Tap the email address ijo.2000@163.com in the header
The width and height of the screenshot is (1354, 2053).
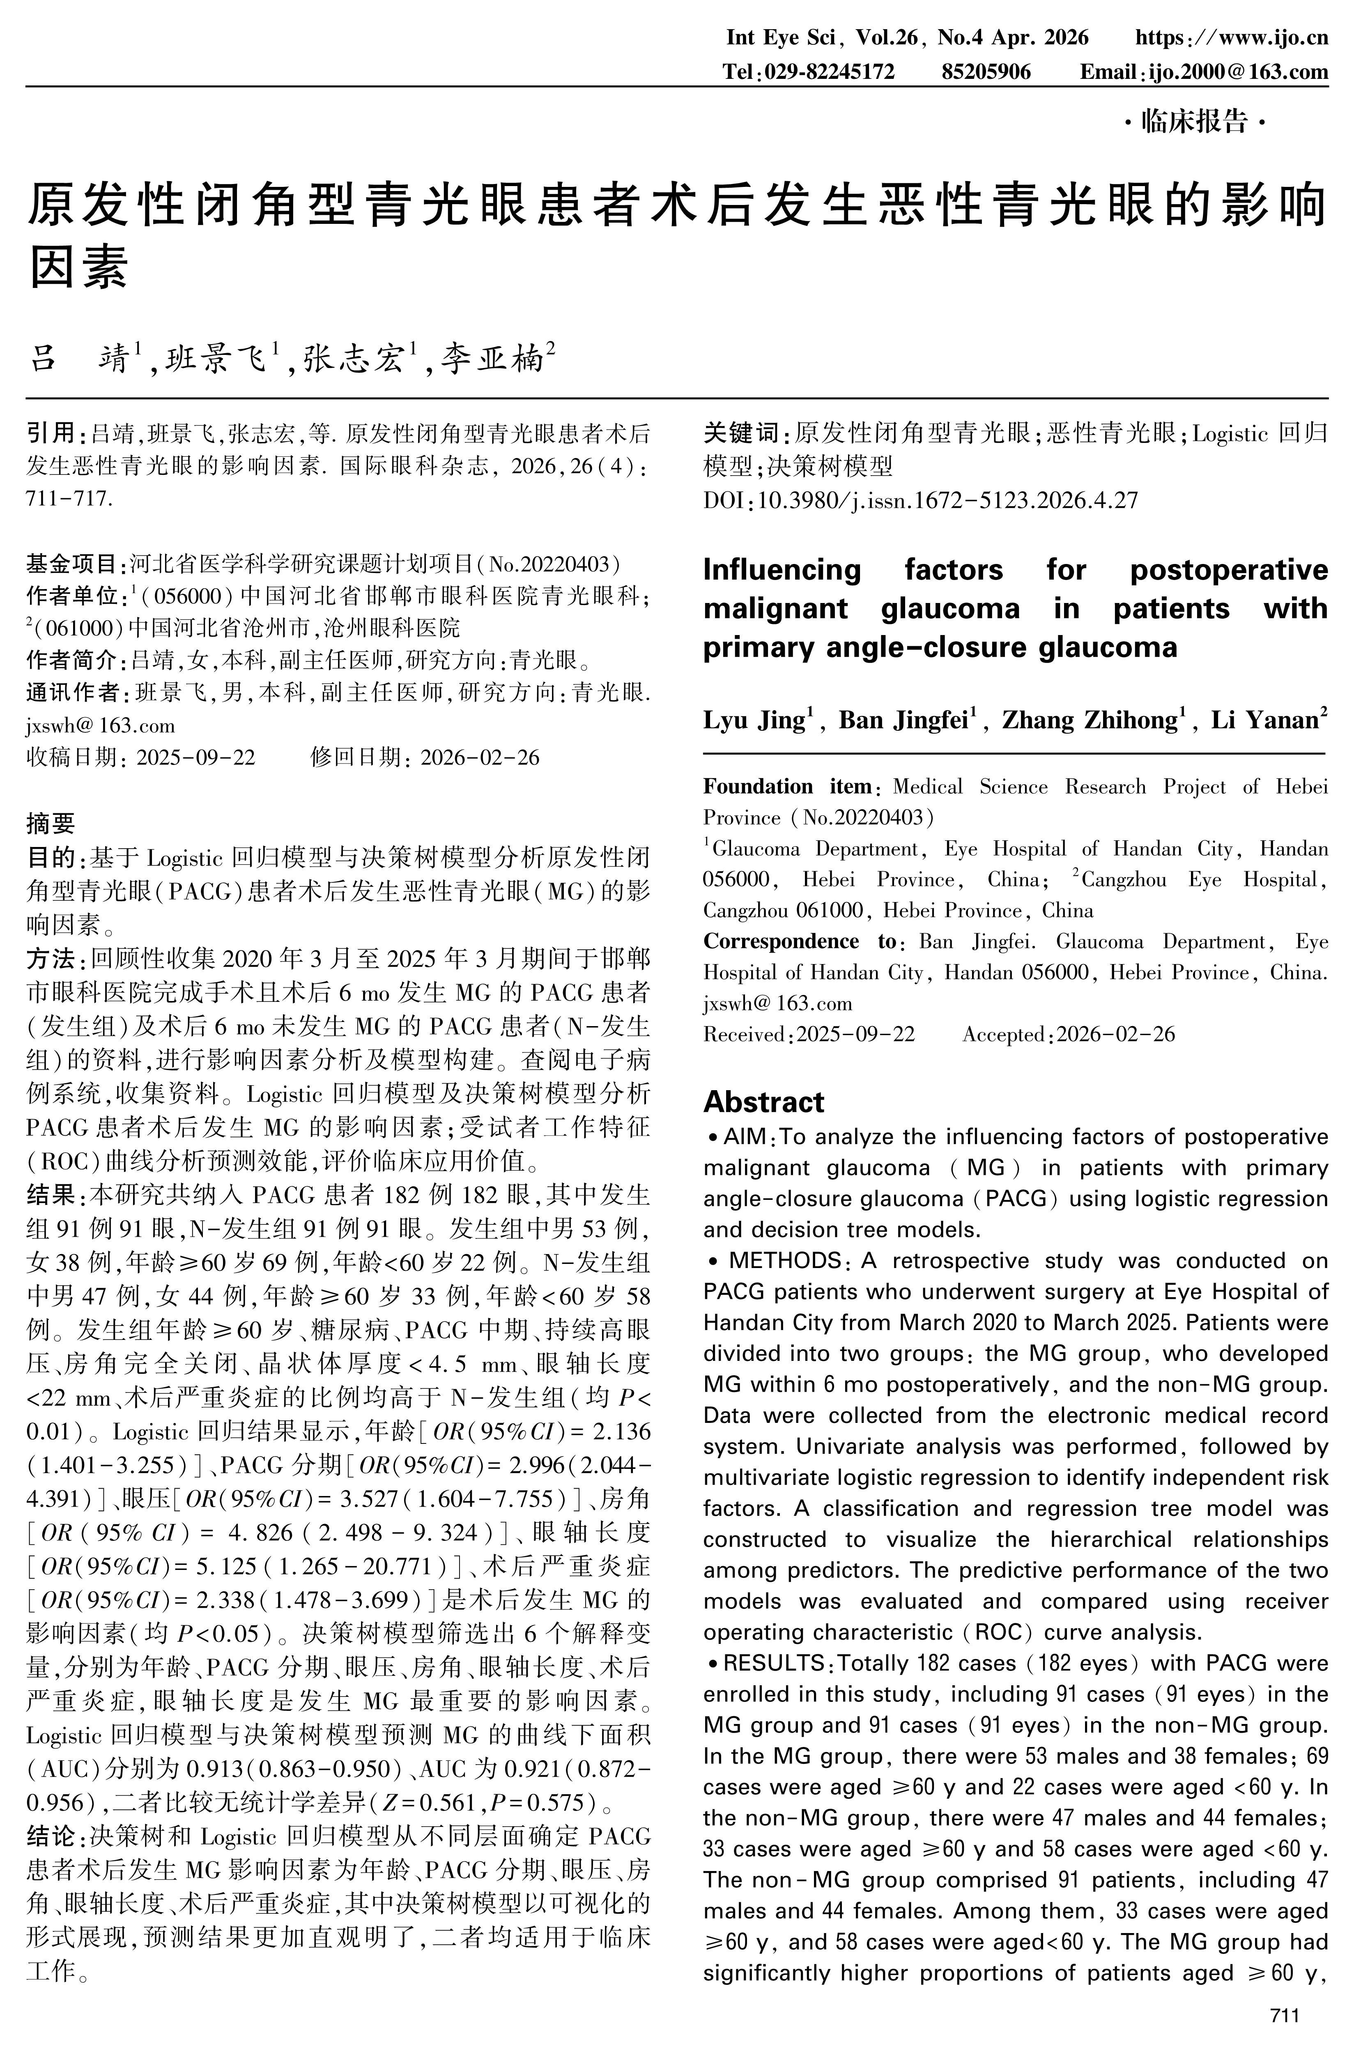pyautogui.click(x=1237, y=72)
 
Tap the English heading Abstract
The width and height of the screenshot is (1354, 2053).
pyautogui.click(x=763, y=1102)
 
